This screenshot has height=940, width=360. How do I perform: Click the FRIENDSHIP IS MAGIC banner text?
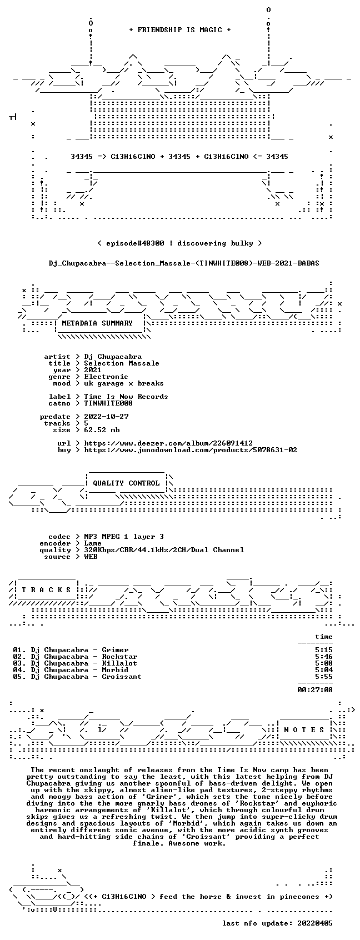179,30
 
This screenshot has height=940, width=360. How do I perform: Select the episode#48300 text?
135,243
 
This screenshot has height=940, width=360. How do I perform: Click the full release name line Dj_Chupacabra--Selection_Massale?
184,263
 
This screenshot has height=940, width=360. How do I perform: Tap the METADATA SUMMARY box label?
97,323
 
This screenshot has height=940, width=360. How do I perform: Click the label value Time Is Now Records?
126,397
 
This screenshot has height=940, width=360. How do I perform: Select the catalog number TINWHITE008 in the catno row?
108,403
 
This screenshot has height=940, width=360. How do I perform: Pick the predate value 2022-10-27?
106,417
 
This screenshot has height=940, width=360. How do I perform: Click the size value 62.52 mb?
102,430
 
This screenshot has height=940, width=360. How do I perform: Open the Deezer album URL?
168,443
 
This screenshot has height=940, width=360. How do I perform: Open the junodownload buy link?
191,450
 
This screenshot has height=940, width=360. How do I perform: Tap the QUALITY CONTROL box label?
126,483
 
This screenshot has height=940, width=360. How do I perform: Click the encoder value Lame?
93,543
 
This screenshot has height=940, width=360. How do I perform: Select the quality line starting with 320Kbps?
164,550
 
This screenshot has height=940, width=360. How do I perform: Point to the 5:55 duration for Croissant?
323,677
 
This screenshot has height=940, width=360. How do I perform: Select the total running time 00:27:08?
314,690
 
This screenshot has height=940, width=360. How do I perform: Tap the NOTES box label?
304,730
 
